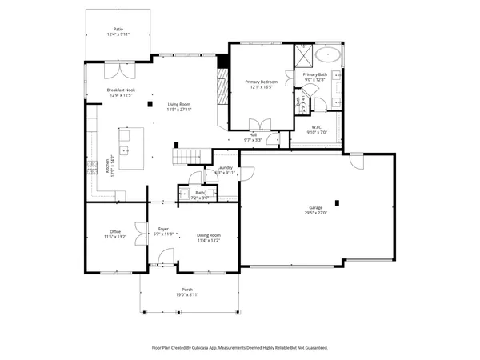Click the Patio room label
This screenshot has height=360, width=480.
[118, 29]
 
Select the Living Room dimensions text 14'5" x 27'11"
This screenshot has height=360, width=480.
[183, 110]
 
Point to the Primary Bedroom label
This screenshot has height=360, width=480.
[260, 82]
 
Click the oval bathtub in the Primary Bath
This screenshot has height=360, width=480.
[328, 55]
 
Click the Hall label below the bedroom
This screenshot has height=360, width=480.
[252, 135]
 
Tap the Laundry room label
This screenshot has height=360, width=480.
[225, 167]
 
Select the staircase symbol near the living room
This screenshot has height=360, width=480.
[186, 155]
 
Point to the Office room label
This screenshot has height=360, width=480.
[115, 232]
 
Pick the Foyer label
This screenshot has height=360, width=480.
[163, 229]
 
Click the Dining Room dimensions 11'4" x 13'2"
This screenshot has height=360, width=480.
[208, 239]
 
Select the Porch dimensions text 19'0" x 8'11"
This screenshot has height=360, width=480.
[187, 294]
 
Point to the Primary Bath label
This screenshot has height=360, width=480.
[314, 74]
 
